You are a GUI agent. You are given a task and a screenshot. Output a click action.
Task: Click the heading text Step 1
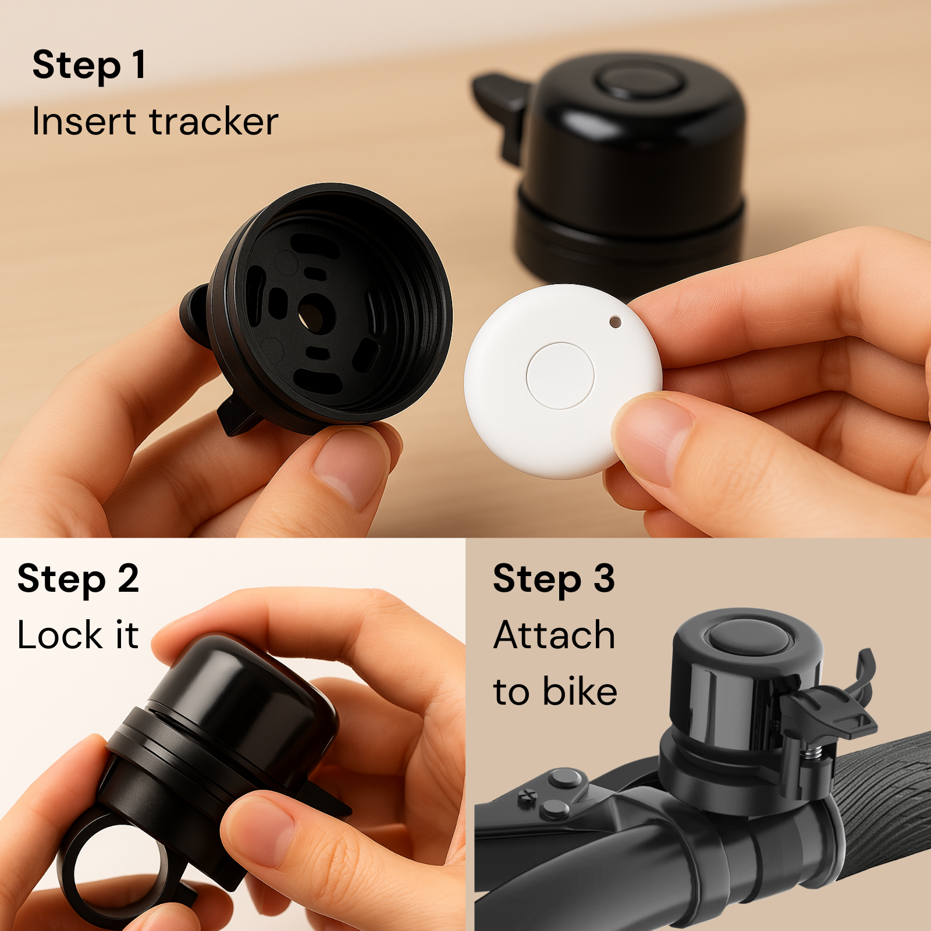(88, 66)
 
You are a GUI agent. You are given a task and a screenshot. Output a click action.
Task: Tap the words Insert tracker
(155, 122)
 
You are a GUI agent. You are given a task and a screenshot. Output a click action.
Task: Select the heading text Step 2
(78, 580)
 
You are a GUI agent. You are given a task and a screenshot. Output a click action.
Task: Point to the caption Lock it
(78, 635)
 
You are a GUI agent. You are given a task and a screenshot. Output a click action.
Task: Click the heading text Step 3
(553, 580)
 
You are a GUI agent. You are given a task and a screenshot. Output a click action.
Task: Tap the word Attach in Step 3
(554, 635)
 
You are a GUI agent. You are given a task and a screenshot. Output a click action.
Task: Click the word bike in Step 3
(580, 692)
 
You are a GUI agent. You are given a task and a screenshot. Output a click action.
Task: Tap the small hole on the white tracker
(615, 321)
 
